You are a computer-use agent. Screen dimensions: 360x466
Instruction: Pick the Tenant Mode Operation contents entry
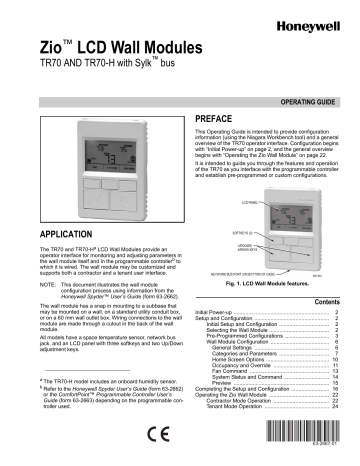click(x=232, y=406)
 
